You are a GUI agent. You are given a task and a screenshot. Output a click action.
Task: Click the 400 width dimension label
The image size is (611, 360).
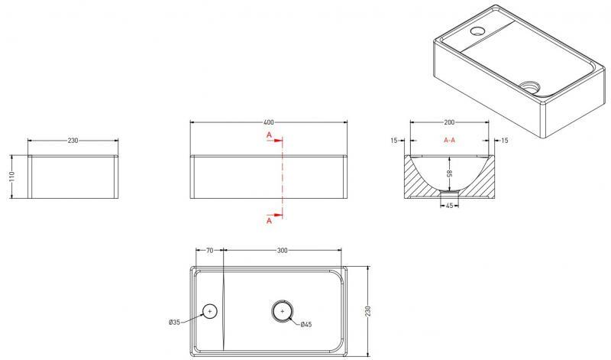269,122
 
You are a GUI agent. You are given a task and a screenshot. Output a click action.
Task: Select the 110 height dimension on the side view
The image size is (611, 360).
11,177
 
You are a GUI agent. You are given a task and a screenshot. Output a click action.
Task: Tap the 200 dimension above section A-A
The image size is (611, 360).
449,122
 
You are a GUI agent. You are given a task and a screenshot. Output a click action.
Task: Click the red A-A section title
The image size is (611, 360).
449,140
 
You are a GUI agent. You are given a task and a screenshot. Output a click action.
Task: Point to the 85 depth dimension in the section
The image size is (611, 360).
449,174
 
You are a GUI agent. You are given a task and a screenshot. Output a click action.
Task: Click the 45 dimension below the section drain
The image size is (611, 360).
449,206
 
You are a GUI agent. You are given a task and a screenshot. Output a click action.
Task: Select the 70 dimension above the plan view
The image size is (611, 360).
209,251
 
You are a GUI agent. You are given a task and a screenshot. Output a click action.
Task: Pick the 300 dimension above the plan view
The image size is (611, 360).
282,251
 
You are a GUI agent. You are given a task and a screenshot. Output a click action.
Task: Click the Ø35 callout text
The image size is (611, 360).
175,323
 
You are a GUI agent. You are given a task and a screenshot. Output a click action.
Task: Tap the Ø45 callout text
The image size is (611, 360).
306,324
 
